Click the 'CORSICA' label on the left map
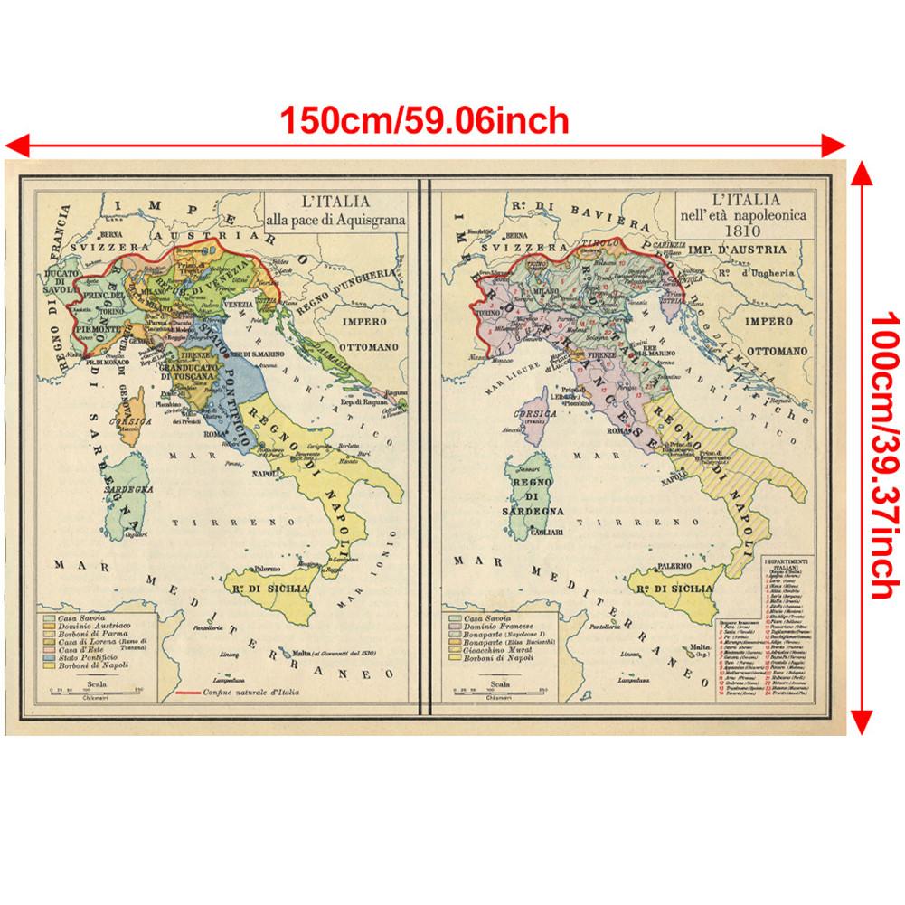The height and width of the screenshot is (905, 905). click(x=123, y=421)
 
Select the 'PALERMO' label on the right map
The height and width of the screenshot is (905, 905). click(x=681, y=566)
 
